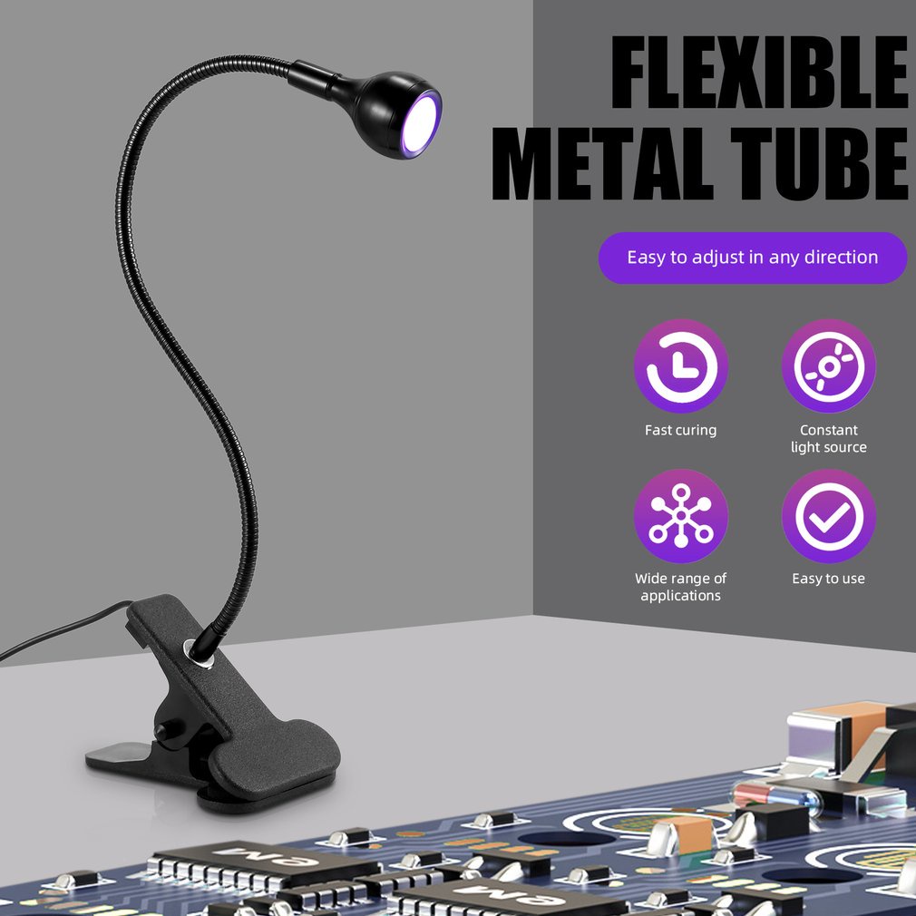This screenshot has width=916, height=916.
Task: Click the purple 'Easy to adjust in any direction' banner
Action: coord(752,258)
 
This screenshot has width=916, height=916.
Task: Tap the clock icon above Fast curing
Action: coord(680,366)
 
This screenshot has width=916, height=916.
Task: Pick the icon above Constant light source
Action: coord(828,366)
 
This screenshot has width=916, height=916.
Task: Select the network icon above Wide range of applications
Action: coord(680,516)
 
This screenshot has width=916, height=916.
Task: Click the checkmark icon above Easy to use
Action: coord(828,516)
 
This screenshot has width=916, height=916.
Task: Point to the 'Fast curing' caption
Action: coord(680,430)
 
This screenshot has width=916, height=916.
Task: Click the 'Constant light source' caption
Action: coord(828,438)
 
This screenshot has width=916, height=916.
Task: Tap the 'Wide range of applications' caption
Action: coord(680,587)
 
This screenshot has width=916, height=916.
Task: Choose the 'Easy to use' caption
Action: coord(828,579)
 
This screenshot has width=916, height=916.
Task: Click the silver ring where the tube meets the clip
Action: coord(194,648)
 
